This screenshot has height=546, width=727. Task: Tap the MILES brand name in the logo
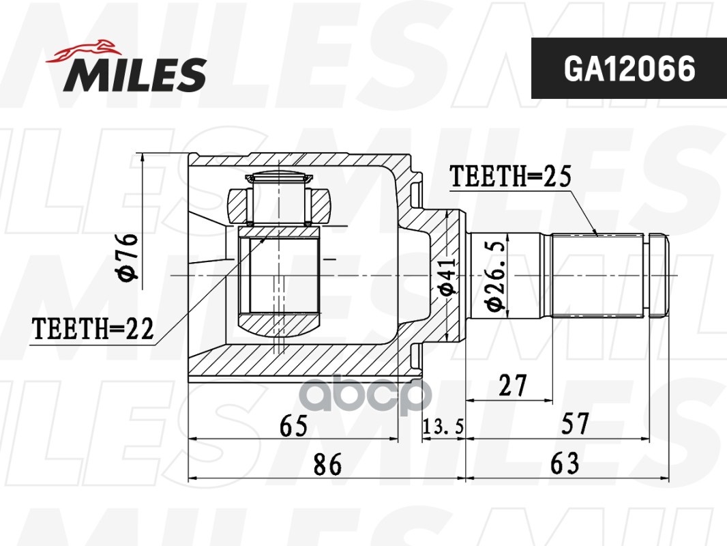pos(135,74)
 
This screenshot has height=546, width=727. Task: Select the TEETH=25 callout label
pos(509,177)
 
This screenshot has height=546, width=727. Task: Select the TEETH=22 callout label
pos(93,330)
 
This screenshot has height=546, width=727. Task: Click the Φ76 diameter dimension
pos(128,257)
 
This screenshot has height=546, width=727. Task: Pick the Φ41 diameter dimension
pos(447,278)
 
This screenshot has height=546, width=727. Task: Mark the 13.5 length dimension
pos(443,427)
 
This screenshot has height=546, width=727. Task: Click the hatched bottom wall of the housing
pos(300,366)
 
